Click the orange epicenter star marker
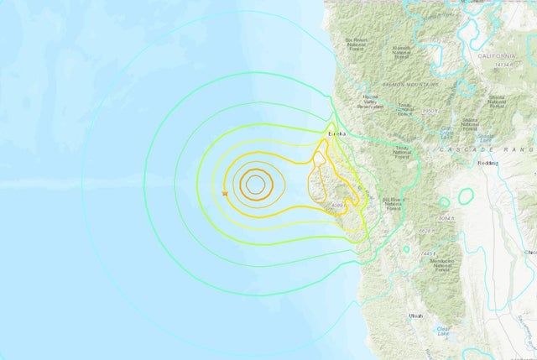point(225,194)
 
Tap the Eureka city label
point(338,132)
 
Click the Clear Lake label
point(443,331)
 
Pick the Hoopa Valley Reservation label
point(369,102)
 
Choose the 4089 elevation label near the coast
point(338,206)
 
